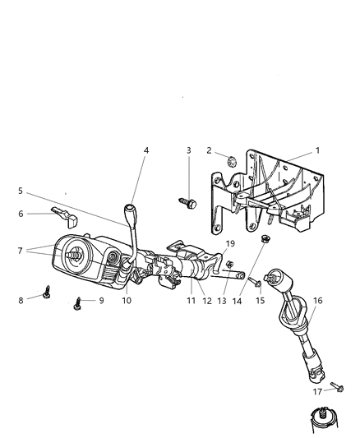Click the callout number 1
[x=317, y=150]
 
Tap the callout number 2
[x=210, y=150]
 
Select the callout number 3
[x=188, y=150]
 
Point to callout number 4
[x=146, y=150]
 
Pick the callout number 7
[x=21, y=249]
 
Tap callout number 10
[x=127, y=301]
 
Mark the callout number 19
[x=230, y=243]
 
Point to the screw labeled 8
[x=47, y=292]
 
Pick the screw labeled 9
[x=78, y=301]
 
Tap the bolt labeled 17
[x=337, y=385]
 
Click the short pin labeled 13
[x=236, y=276]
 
